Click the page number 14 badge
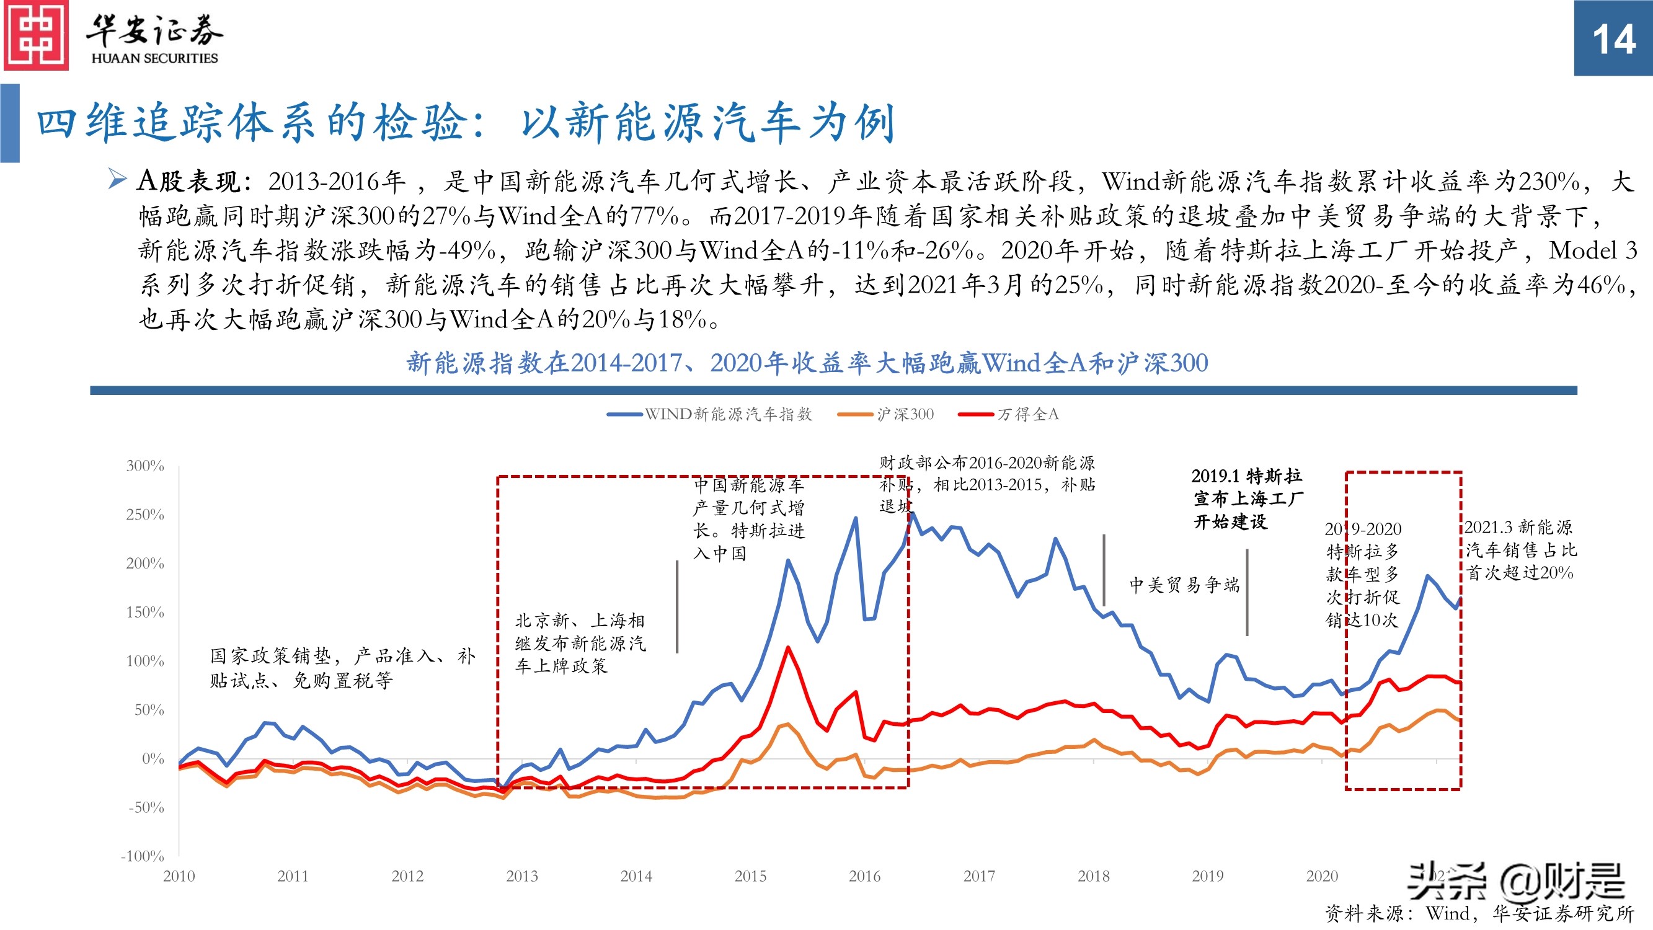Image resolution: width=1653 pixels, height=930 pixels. (x=1613, y=38)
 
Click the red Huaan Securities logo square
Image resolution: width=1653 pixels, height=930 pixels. (x=36, y=35)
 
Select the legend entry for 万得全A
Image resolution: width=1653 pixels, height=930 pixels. (x=1009, y=415)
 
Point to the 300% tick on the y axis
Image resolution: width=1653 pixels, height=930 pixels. (x=146, y=466)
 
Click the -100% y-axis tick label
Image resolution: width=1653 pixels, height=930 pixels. (x=143, y=856)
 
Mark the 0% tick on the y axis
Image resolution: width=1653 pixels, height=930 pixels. (x=153, y=759)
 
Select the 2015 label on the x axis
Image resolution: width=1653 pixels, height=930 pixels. (x=750, y=876)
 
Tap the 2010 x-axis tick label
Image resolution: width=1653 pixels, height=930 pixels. (x=179, y=876)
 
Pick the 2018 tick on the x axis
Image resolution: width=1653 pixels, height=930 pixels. (x=1094, y=876)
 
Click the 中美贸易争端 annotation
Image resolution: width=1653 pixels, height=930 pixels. (x=1184, y=585)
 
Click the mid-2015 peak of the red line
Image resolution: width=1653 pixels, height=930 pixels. (x=788, y=648)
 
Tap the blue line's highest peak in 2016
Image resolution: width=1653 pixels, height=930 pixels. (x=912, y=513)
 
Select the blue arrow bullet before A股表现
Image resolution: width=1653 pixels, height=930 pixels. (x=117, y=179)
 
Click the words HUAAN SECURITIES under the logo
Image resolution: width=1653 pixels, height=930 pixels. (x=154, y=58)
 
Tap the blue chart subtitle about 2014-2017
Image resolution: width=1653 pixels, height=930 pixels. (x=807, y=363)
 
